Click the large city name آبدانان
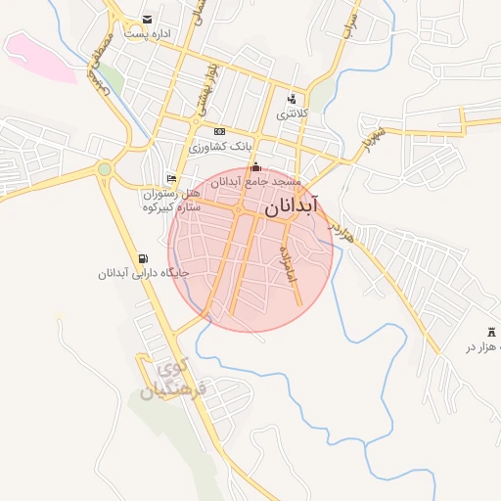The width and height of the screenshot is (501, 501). pyautogui.click(x=291, y=209)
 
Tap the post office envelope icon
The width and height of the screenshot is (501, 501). pyautogui.click(x=147, y=20)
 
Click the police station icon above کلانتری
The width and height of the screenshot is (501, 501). pyautogui.click(x=291, y=99)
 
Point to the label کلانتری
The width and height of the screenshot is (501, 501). pyautogui.click(x=291, y=114)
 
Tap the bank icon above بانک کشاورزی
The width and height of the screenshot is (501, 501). pyautogui.click(x=219, y=132)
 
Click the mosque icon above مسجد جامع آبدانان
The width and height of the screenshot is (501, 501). pyautogui.click(x=255, y=167)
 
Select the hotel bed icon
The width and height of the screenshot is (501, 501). pyautogui.click(x=172, y=179)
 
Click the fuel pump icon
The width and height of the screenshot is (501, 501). pyautogui.click(x=145, y=257)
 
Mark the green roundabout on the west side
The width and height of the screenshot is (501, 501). pyautogui.click(x=105, y=170)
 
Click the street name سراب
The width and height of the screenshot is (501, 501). pyautogui.click(x=350, y=23)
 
